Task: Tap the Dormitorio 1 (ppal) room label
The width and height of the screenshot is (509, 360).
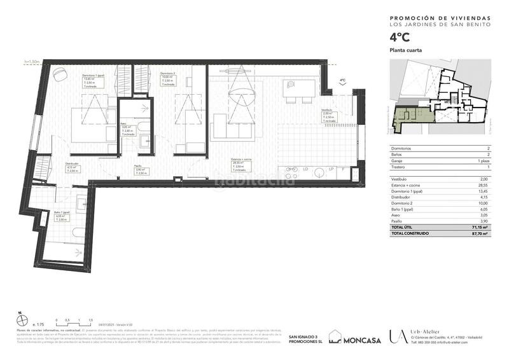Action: click(x=94, y=75)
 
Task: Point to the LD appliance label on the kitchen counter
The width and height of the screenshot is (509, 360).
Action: click(x=306, y=169)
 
